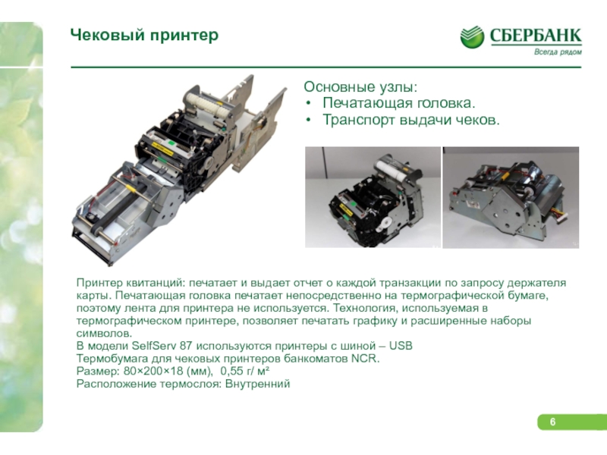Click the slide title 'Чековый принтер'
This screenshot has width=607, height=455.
pos(144,35)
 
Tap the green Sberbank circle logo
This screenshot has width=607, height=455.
pos(472,37)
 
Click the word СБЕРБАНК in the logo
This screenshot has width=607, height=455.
pos(536,36)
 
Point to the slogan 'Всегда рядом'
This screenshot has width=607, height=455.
pos(558,52)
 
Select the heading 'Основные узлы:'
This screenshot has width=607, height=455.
pos(361,86)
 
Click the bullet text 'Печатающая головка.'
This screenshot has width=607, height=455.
pos(399,103)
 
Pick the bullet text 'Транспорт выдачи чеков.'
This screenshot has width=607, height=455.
pos(411,120)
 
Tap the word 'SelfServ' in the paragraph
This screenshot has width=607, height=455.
pos(154,346)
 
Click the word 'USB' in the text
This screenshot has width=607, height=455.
pos(401,346)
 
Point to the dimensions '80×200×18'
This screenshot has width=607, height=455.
pos(153,371)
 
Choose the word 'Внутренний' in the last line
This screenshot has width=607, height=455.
pos(257,384)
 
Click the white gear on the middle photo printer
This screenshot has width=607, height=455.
pos(385,223)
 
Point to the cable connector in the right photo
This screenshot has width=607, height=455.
pos(561,216)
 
